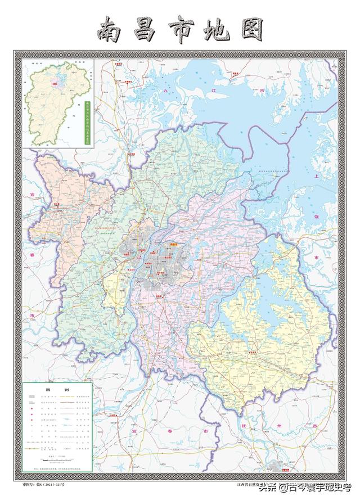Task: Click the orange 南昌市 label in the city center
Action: pyautogui.click(x=171, y=244)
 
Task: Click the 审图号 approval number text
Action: pyautogui.click(x=44, y=483)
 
